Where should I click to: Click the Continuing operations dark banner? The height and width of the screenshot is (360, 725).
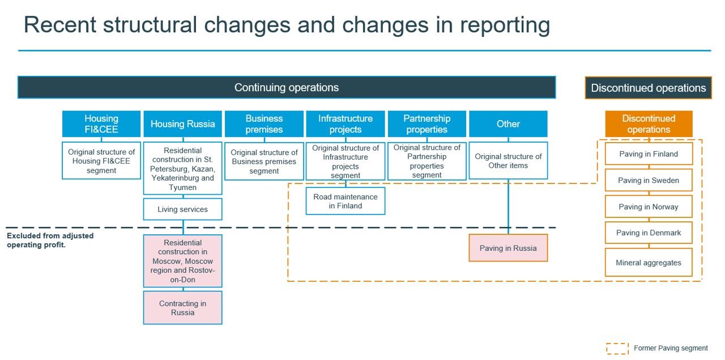(x=287, y=87)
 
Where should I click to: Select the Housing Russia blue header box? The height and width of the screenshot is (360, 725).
(x=182, y=124)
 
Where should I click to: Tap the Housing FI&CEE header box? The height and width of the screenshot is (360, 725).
(x=101, y=124)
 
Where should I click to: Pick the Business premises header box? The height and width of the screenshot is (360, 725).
(x=264, y=124)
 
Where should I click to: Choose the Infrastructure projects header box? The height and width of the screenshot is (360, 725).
(x=346, y=124)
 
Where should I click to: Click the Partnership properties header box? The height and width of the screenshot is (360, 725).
(x=427, y=124)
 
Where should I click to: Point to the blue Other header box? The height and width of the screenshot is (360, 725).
(x=508, y=124)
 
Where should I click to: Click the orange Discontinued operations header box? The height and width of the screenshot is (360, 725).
(x=649, y=124)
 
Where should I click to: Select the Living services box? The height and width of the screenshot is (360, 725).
(x=182, y=209)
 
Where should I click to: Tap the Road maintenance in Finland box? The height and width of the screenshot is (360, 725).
(x=346, y=201)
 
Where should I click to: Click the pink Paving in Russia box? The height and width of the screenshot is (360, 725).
(x=508, y=248)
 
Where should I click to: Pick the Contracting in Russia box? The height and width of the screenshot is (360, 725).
(x=182, y=307)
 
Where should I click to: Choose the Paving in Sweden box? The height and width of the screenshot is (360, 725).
(x=649, y=180)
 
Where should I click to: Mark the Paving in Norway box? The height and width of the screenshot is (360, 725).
(x=649, y=207)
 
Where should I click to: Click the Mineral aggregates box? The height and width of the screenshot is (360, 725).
(x=649, y=262)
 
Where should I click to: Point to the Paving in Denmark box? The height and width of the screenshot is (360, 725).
(x=649, y=233)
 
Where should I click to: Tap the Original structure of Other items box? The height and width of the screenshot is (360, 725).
(x=508, y=161)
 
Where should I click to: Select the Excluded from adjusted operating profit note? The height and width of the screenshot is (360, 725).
(x=50, y=241)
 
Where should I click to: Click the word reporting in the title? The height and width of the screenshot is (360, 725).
(x=505, y=25)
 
